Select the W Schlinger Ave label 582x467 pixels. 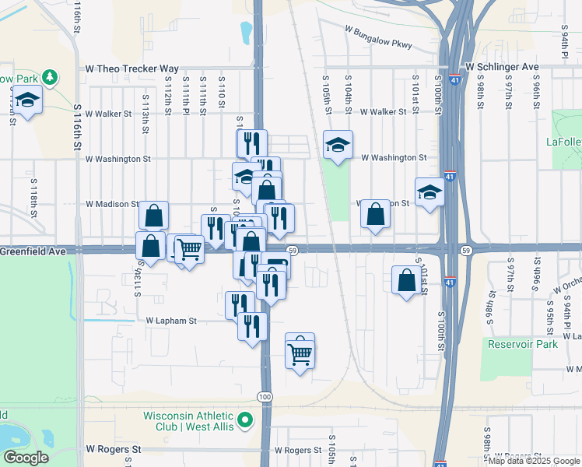502,68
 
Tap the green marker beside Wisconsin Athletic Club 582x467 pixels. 246,421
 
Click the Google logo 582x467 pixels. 25,457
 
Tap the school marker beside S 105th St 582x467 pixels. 338,146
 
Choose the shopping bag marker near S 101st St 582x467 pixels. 407,280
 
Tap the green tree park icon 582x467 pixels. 51,77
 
